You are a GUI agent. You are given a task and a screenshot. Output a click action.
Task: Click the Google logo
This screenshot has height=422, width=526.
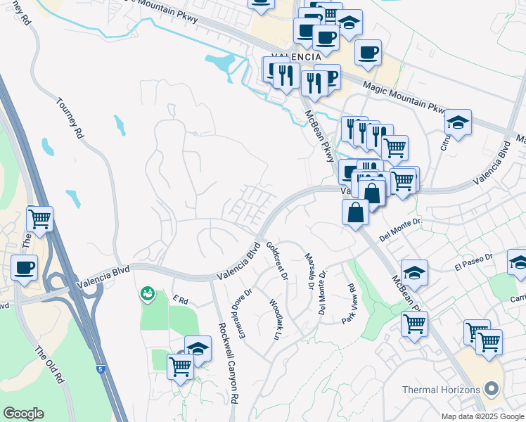click(x=23, y=414)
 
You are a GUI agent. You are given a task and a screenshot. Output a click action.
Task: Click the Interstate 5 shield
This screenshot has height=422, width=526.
click(x=100, y=368)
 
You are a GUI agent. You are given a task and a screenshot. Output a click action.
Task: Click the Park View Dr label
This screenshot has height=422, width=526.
click(x=349, y=304)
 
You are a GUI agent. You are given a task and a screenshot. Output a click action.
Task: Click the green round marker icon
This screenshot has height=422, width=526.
click(x=147, y=293)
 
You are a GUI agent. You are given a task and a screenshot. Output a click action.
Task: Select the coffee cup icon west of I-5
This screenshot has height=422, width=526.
click(x=25, y=268)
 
